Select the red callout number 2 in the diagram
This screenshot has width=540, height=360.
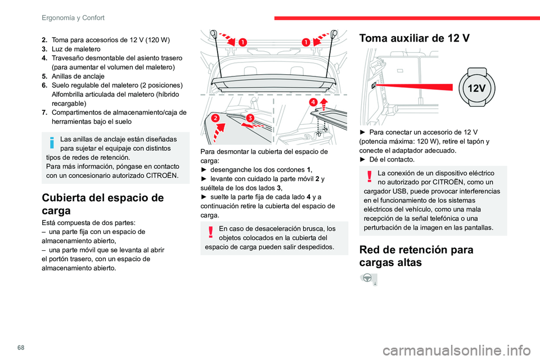pos(215,118)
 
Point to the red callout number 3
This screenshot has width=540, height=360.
pos(249,117)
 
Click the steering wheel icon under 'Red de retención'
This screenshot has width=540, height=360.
pos(369,280)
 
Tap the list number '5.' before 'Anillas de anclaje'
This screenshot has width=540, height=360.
pos(44,76)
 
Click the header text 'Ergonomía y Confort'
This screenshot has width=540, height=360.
pos(73,17)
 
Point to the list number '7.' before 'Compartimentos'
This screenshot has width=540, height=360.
pos(44,112)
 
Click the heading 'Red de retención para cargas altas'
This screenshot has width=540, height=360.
pos(416,255)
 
